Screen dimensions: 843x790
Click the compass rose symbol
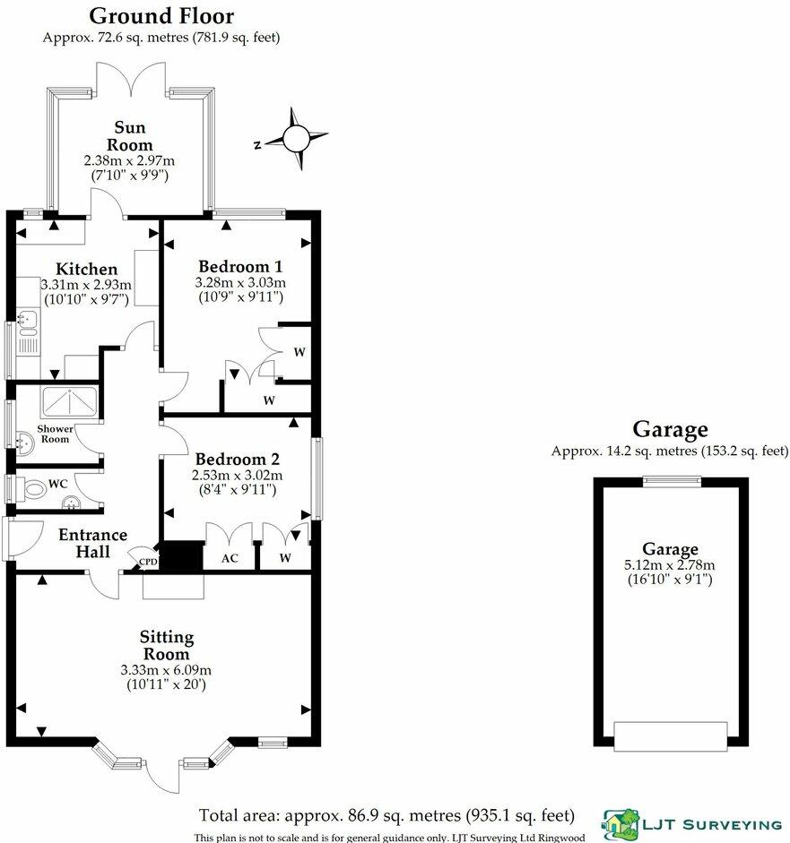pyautogui.click(x=294, y=139)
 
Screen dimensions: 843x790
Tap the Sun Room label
pyautogui.click(x=130, y=135)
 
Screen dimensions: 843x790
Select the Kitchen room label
pyautogui.click(x=86, y=269)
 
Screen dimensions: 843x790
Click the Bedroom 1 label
pyautogui.click(x=240, y=266)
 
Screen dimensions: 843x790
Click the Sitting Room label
pyautogui.click(x=166, y=646)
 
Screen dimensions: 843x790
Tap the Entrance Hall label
pyautogui.click(x=92, y=543)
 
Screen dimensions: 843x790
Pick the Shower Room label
pyautogui.click(x=55, y=433)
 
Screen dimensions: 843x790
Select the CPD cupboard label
pyautogui.click(x=147, y=562)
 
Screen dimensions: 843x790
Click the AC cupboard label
pyautogui.click(x=229, y=555)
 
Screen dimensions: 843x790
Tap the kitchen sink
pyautogui.click(x=27, y=317)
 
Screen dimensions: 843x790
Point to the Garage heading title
pyautogui.click(x=670, y=430)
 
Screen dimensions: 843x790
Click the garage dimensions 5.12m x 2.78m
pyautogui.click(x=670, y=564)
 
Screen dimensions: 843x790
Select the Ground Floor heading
pyautogui.click(x=161, y=16)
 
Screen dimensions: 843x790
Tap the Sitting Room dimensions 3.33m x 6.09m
pyautogui.click(x=166, y=670)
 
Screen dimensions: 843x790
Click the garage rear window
pyautogui.click(x=670, y=481)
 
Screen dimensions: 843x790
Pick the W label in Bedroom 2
pyautogui.click(x=283, y=556)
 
